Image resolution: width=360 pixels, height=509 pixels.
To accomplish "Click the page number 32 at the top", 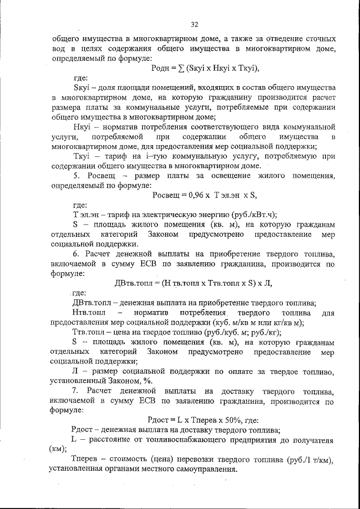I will coord(195,24).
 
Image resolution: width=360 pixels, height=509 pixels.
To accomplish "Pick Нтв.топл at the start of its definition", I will coord(90,312).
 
